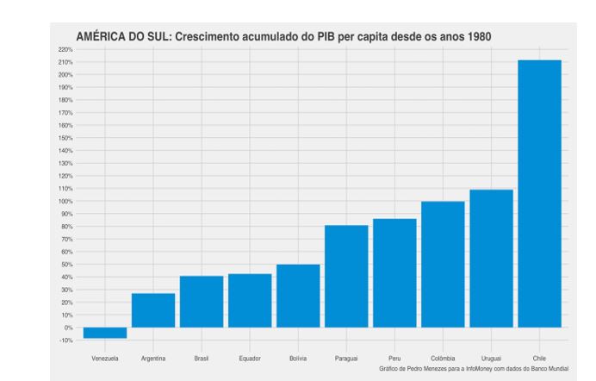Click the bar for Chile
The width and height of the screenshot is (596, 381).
(x=539, y=194)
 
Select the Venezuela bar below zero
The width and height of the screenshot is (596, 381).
(x=105, y=333)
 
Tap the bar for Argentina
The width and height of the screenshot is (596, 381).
(x=153, y=310)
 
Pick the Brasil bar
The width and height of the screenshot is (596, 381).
(x=202, y=302)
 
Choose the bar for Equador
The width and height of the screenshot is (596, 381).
(x=250, y=301)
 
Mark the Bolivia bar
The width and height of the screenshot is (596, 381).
(x=298, y=296)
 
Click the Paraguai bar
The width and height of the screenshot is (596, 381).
(x=346, y=276)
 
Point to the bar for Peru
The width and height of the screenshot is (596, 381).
(x=394, y=273)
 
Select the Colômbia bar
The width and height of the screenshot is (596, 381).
(x=443, y=265)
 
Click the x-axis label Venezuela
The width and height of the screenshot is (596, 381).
(x=105, y=357)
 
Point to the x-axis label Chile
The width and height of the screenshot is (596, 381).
(x=539, y=357)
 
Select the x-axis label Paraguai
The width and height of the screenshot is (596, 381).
(x=346, y=357)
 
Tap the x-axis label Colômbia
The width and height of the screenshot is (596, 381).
(x=443, y=357)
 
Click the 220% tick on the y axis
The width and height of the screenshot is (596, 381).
(x=68, y=50)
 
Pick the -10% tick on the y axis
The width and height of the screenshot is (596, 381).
(x=68, y=340)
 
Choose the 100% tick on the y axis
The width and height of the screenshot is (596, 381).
(x=68, y=201)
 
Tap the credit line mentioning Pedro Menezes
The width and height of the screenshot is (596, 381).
(x=474, y=368)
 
